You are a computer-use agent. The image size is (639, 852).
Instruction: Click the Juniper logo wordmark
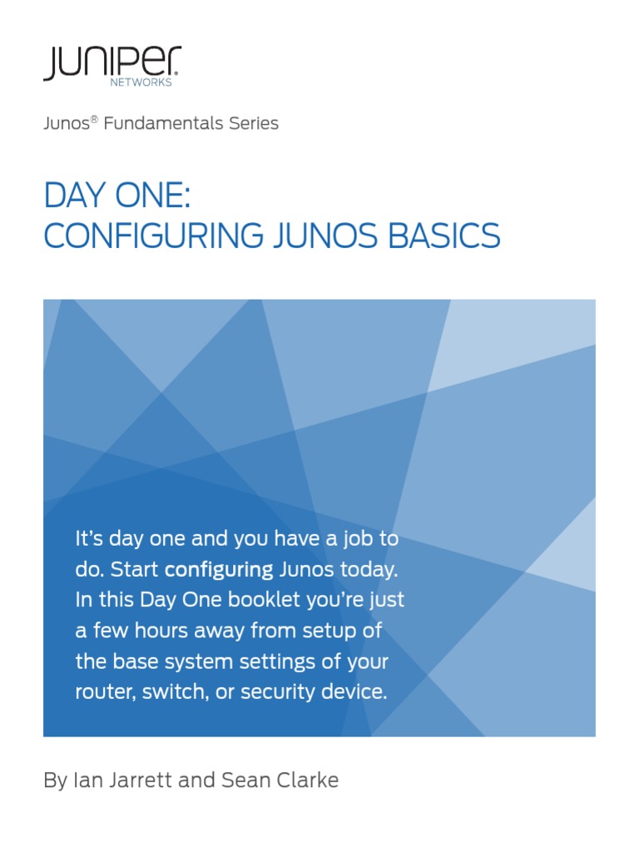tap(111, 62)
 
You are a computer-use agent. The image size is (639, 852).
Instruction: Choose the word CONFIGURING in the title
tap(150, 236)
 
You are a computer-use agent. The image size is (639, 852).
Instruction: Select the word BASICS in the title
tap(446, 236)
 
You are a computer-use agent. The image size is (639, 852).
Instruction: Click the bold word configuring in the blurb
tap(219, 570)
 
